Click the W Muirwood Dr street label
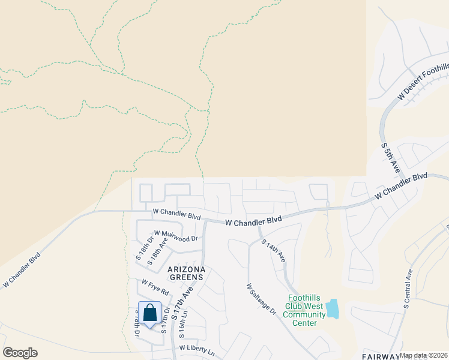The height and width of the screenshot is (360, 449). (x=176, y=236)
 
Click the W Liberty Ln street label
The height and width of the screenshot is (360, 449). (x=197, y=349)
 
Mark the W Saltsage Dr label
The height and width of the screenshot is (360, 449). (x=261, y=299)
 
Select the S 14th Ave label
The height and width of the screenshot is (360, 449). (x=273, y=250)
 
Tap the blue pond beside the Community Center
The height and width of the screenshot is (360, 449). (x=332, y=308)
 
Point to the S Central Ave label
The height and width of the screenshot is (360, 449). (x=408, y=289)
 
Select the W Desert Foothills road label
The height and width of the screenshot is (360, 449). (x=423, y=83)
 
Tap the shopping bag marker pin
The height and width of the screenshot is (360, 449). (x=150, y=313)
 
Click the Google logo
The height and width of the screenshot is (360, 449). (x=20, y=353)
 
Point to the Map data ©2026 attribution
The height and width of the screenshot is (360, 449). (x=424, y=355)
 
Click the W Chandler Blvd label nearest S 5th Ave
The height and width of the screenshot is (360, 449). (x=401, y=186)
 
